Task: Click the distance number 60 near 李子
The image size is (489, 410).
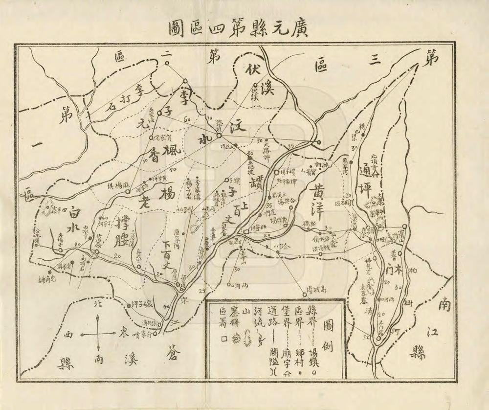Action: click(x=187, y=119)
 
